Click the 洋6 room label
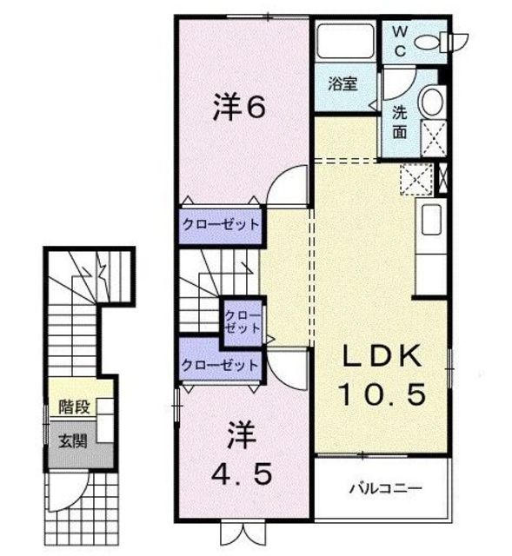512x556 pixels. (x=239, y=106)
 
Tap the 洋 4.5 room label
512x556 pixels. (x=242, y=453)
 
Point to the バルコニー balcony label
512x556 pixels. (x=386, y=488)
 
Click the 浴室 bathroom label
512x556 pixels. (x=342, y=84)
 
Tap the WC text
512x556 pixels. (x=400, y=42)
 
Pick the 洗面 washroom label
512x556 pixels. (x=400, y=122)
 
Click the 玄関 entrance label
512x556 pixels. (x=73, y=441)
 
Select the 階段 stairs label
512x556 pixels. (x=74, y=407)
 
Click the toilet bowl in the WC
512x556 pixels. (x=431, y=42)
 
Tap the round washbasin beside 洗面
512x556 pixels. (x=432, y=102)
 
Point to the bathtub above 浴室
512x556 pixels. (x=345, y=40)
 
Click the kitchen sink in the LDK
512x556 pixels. (x=431, y=220)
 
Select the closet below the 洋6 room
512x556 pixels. (x=221, y=226)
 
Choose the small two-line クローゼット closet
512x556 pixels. (x=243, y=322)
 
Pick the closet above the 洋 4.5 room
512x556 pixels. (x=221, y=365)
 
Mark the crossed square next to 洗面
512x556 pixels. (x=434, y=138)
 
